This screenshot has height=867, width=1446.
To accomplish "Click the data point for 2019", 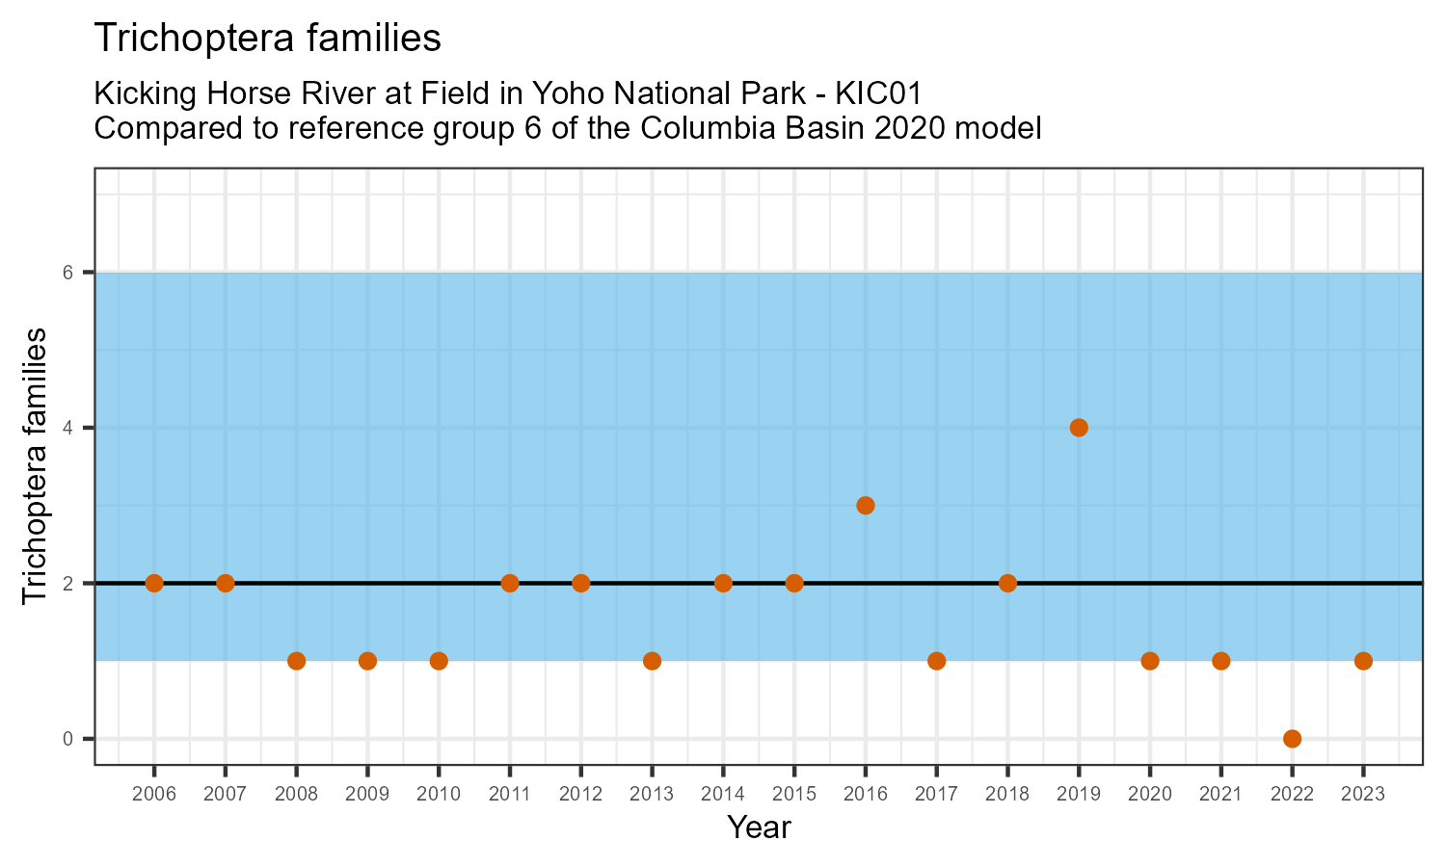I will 1079,428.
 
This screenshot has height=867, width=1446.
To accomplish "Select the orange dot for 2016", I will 866,506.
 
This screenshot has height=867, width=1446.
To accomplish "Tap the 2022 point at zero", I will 1292,739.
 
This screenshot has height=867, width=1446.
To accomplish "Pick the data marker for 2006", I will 154,583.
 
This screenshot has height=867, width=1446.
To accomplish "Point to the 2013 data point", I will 652,661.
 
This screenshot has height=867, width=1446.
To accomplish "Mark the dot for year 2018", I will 1007,583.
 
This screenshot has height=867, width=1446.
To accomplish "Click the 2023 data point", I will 1363,661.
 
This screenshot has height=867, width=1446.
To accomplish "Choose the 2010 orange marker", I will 439,661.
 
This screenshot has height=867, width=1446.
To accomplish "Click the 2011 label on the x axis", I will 510,795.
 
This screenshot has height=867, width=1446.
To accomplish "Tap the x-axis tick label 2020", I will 1149,795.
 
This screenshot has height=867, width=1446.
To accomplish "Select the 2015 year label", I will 794,795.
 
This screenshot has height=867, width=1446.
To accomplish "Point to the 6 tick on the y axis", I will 68,273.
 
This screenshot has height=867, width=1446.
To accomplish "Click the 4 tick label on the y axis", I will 68,428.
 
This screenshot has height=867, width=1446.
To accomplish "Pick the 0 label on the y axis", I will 68,739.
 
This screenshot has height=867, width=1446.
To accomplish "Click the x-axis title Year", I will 759,828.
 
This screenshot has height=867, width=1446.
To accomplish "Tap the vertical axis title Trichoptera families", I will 35,466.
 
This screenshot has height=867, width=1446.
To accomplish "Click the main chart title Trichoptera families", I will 267,39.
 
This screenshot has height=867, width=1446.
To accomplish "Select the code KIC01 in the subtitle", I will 879,94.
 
